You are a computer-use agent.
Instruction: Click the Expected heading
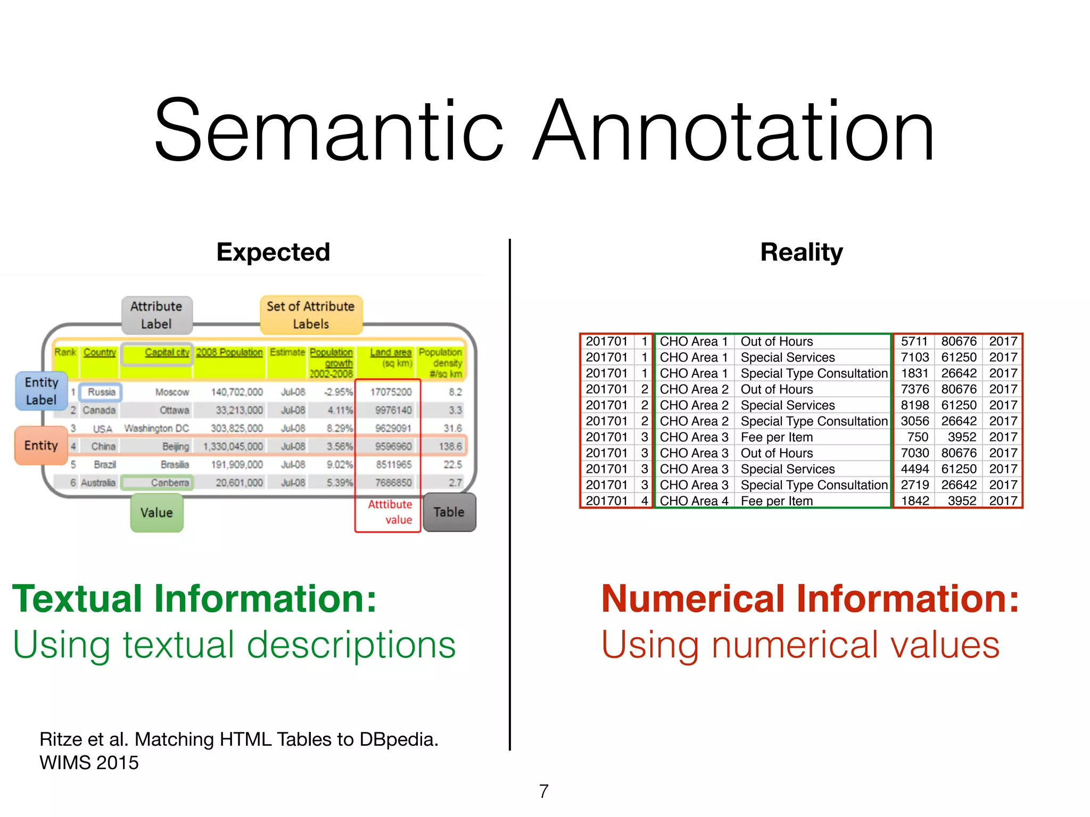tap(273, 252)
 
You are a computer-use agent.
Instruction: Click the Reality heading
tap(801, 252)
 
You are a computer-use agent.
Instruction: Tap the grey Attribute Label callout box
tap(156, 315)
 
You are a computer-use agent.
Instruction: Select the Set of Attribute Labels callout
tap(311, 315)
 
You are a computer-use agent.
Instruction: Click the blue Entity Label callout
tap(41, 391)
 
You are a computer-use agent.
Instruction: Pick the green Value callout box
tap(156, 513)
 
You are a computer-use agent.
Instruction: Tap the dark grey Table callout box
tap(449, 512)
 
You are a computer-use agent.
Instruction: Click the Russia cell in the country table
tap(101, 392)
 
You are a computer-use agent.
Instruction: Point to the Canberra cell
tap(169, 483)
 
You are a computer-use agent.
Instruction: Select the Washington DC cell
tap(156, 429)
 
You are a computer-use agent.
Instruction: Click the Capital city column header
tap(167, 353)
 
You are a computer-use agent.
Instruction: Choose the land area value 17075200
tap(391, 392)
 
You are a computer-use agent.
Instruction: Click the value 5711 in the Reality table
tap(914, 341)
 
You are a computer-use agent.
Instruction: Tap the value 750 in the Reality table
tap(918, 437)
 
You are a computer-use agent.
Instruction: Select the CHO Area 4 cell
tap(694, 501)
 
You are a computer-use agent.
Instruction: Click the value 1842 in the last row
tap(915, 501)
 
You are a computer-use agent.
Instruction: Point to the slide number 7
tap(543, 791)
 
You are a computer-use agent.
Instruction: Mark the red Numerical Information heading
tap(810, 599)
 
